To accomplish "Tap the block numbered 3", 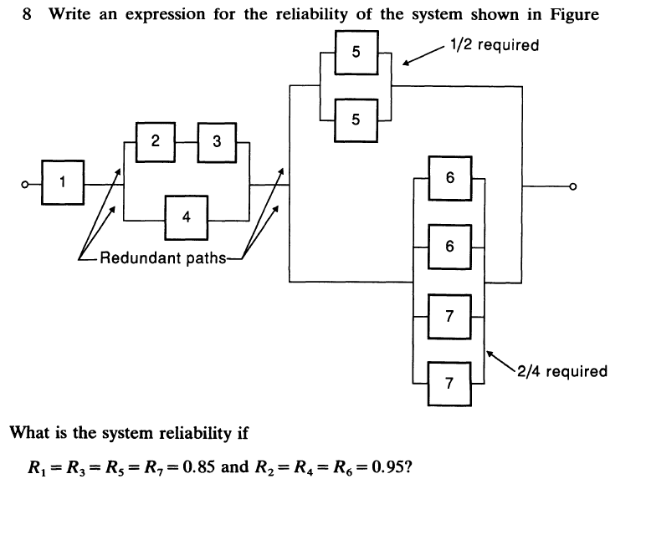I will pyautogui.click(x=217, y=141).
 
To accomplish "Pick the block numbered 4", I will pyautogui.click(x=186, y=216).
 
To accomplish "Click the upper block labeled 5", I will pyautogui.click(x=356, y=53).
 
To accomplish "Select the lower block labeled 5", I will pyautogui.click(x=356, y=120).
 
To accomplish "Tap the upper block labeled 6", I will pyautogui.click(x=450, y=178).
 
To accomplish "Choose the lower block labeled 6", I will pyautogui.click(x=450, y=247).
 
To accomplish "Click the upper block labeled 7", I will pyautogui.click(x=450, y=315).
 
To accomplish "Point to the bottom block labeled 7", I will pyautogui.click(x=450, y=383).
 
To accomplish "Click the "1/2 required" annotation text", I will pyautogui.click(x=494, y=44).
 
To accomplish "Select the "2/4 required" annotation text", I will pyautogui.click(x=562, y=371).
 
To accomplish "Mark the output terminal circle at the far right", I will pyautogui.click(x=573, y=186).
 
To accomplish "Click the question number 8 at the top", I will pyautogui.click(x=28, y=15).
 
